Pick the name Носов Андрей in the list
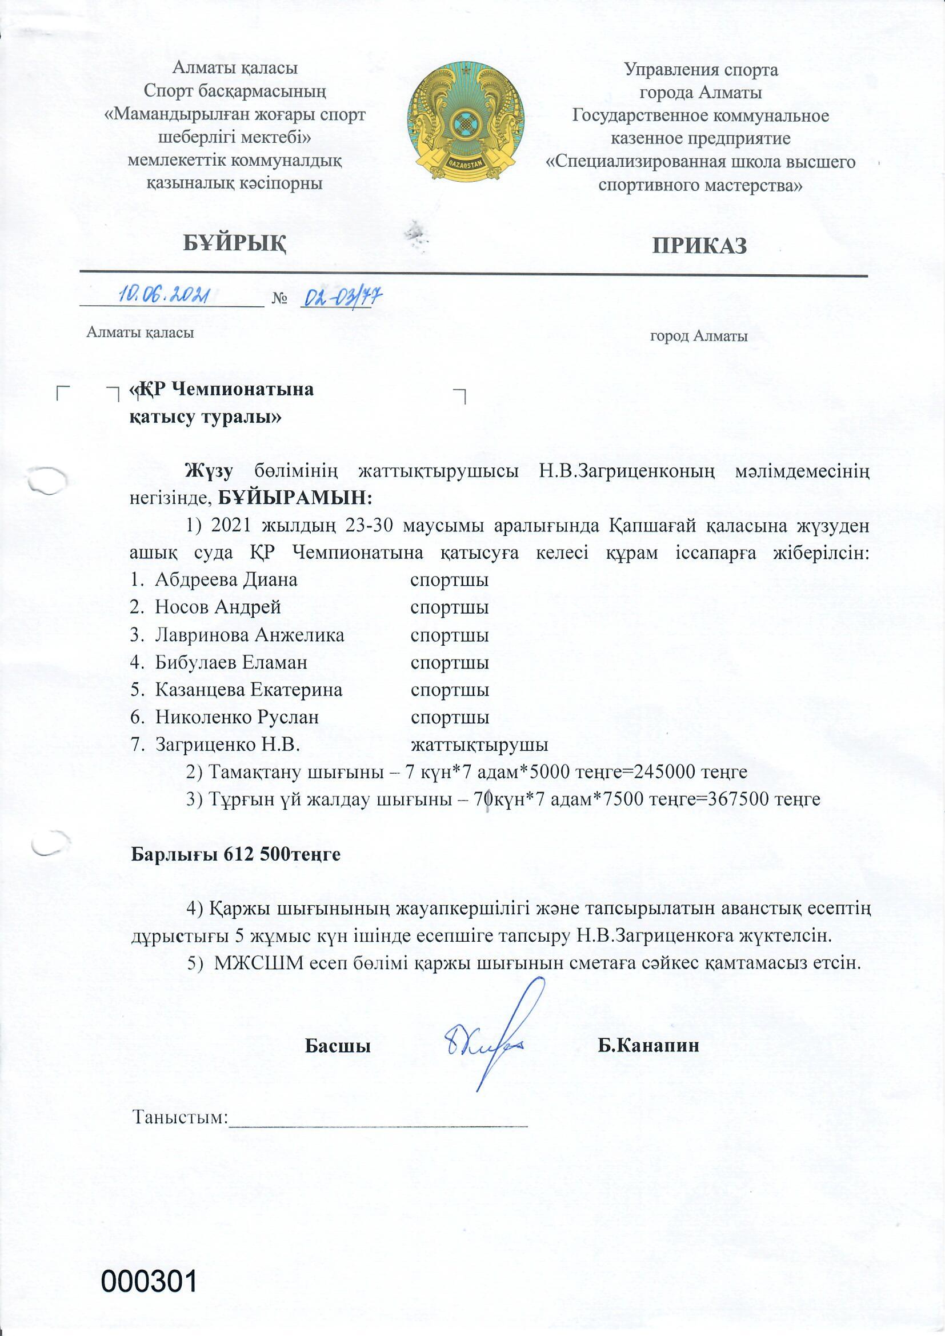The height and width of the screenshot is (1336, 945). (x=218, y=607)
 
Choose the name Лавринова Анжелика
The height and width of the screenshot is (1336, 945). (x=250, y=635)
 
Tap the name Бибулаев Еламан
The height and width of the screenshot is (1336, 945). (x=231, y=662)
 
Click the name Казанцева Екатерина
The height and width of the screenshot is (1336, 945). (x=249, y=690)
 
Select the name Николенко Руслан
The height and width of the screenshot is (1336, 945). (x=237, y=718)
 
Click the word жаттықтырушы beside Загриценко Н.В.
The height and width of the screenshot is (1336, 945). (x=479, y=745)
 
